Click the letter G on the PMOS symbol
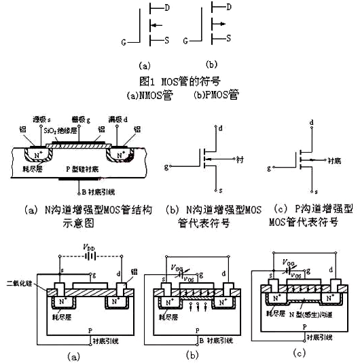[186, 42]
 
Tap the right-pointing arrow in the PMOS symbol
[215, 24]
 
